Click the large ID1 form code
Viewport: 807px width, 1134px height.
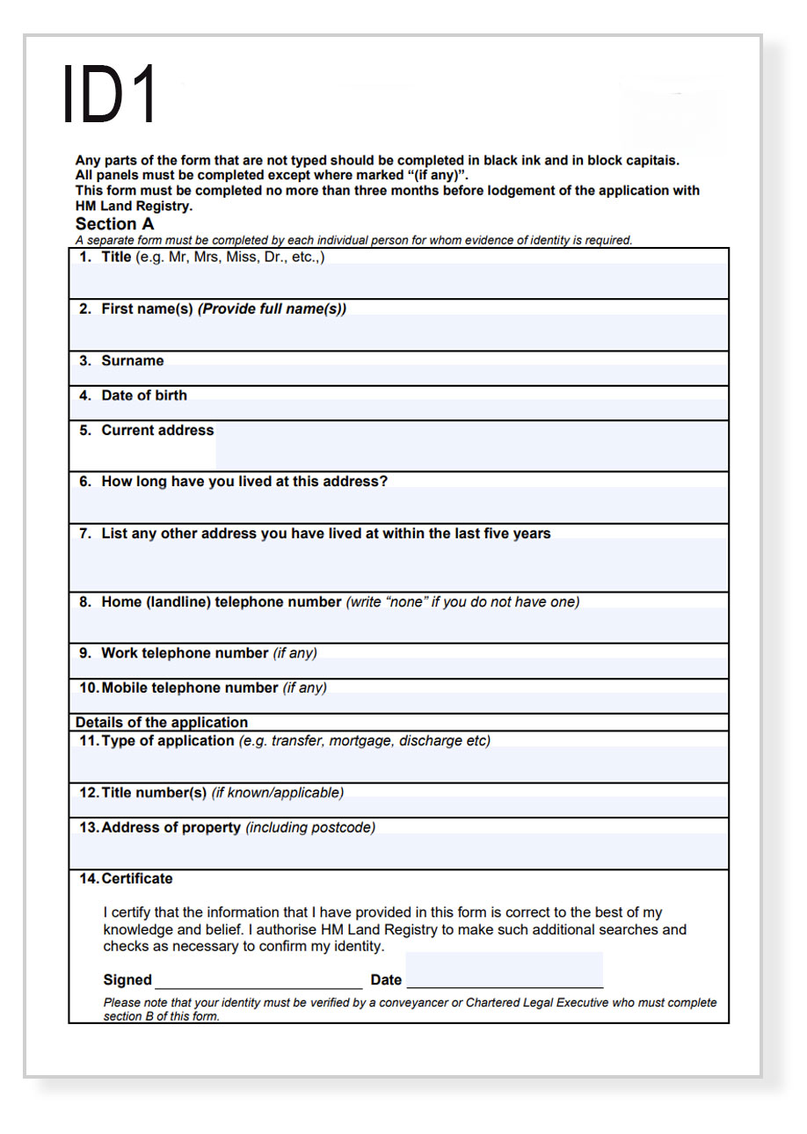click(111, 93)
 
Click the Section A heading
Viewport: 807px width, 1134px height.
click(114, 224)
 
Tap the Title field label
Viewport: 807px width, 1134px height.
click(116, 258)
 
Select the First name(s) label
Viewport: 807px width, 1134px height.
click(147, 309)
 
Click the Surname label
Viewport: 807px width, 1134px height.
click(132, 361)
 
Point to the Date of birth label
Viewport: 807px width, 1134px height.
click(144, 396)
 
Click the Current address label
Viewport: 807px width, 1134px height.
click(157, 431)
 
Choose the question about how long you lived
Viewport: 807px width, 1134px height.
click(244, 482)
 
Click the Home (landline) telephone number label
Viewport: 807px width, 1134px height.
click(221, 602)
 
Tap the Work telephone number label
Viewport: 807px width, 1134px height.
click(185, 653)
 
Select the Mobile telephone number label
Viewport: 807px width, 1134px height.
click(190, 688)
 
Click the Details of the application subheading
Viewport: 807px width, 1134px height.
click(162, 723)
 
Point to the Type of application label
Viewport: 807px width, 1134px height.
click(168, 741)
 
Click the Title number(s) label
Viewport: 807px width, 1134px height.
click(154, 793)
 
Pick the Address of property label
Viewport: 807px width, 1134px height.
click(171, 828)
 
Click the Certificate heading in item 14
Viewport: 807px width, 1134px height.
click(137, 879)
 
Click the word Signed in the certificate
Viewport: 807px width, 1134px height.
click(127, 980)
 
